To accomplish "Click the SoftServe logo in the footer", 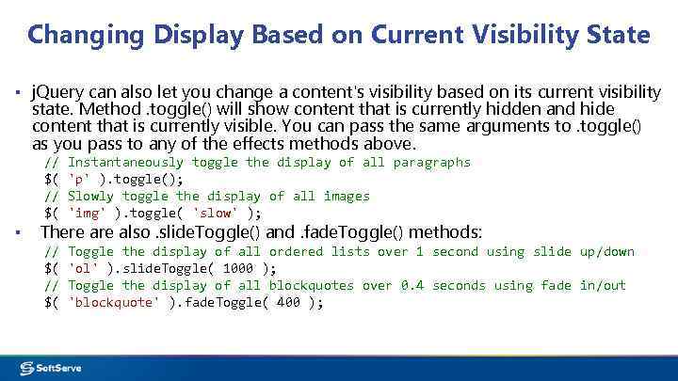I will click(x=57, y=367).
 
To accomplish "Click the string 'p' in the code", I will click(x=80, y=180).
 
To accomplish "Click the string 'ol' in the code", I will click(x=84, y=269).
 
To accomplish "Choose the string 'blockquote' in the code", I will click(x=115, y=303).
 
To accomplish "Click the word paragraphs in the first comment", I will click(x=432, y=163).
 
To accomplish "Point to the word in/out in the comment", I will click(x=603, y=286).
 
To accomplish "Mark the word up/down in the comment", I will click(x=607, y=252).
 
